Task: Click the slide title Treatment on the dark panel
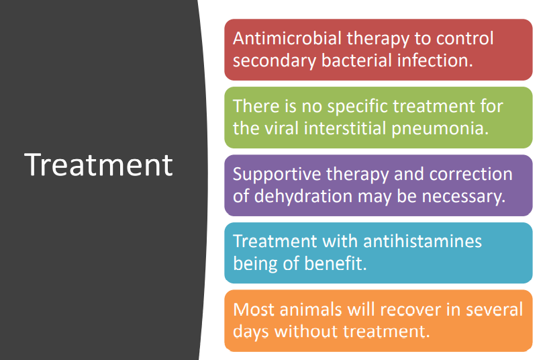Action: (x=99, y=165)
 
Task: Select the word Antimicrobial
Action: (x=287, y=38)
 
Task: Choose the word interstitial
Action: (x=345, y=128)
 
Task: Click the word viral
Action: (x=281, y=128)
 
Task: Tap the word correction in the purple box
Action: (x=471, y=174)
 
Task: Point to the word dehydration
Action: (x=303, y=197)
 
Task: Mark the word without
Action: (x=306, y=331)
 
